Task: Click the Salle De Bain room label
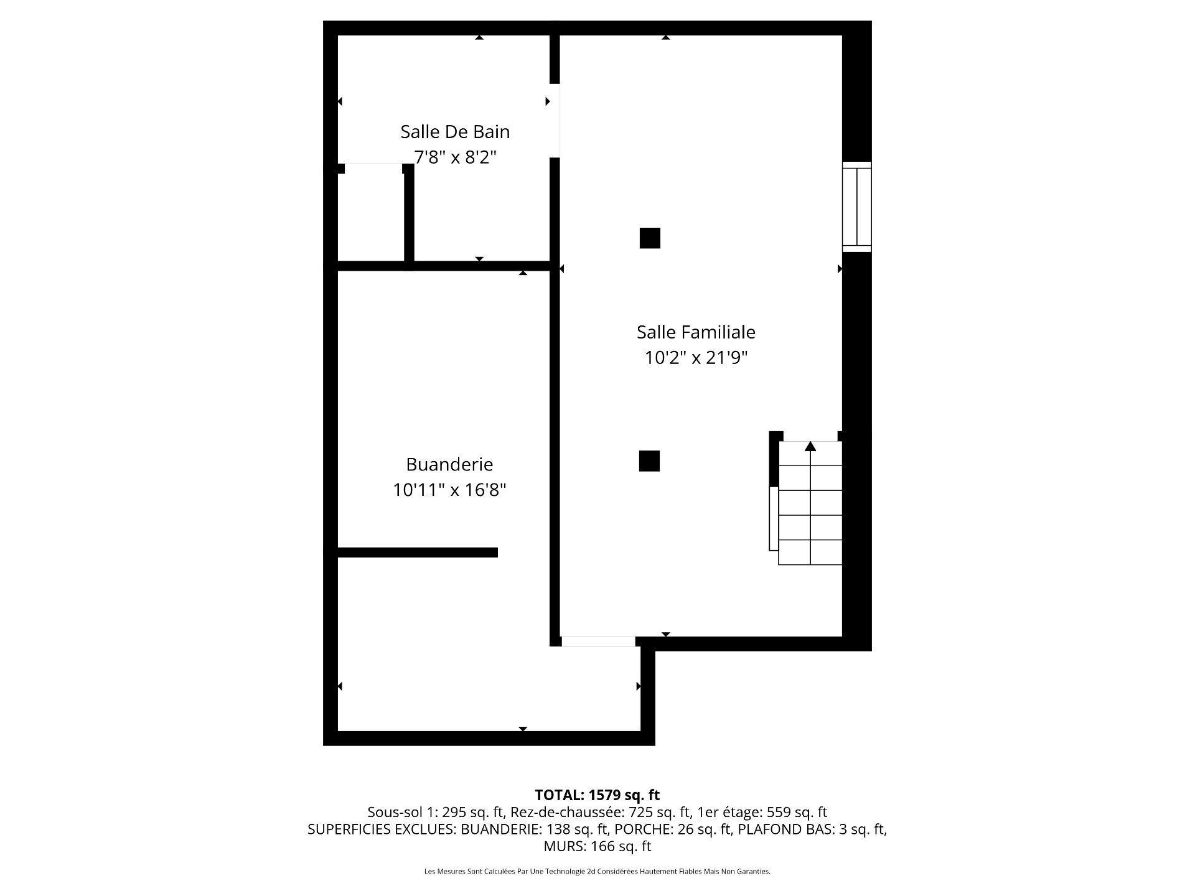[455, 132]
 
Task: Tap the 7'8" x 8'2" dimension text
[455, 157]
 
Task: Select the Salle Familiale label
[696, 332]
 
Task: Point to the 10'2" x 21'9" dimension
[696, 358]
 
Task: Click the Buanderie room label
[449, 464]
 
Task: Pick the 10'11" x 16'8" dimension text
[449, 490]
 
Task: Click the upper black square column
[650, 238]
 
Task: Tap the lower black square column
[649, 461]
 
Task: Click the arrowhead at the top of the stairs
[810, 446]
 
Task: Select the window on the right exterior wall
[856, 207]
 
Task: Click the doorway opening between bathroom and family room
[555, 121]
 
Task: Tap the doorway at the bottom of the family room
[598, 642]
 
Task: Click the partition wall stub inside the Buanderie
[417, 553]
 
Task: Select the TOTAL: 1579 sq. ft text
[597, 795]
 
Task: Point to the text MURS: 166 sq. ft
[597, 846]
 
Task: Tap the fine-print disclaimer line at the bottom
[597, 872]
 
